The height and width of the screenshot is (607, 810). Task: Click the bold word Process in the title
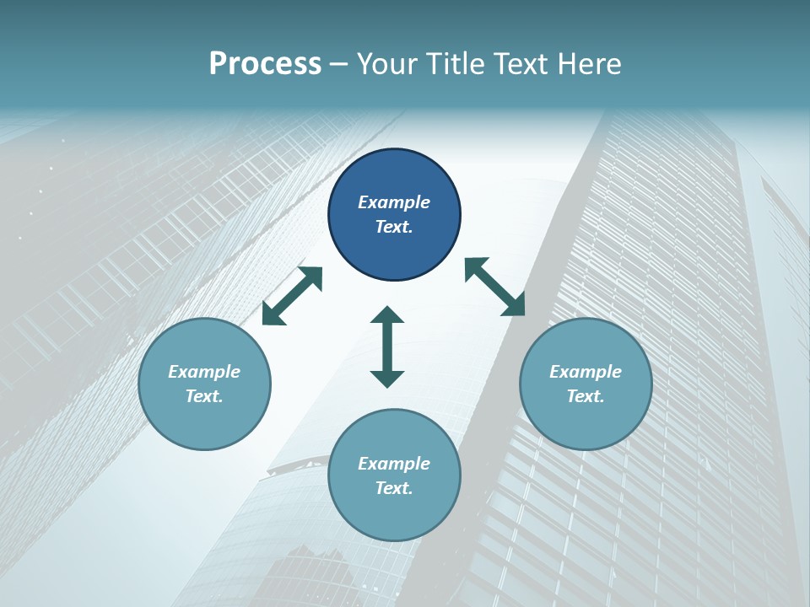tap(265, 64)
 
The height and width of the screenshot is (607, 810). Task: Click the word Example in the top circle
tap(394, 202)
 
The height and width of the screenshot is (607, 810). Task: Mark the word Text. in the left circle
tap(204, 396)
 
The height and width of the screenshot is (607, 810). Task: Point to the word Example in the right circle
tap(586, 372)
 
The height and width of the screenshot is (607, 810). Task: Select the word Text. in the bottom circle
tap(394, 488)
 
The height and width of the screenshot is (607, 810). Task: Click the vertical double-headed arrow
tap(387, 346)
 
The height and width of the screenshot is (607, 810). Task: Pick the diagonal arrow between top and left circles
tap(292, 296)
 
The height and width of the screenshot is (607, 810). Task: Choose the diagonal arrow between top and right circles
tap(494, 287)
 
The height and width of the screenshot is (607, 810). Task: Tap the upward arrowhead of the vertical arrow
tap(387, 316)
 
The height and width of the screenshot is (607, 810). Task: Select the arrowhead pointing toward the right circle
tap(514, 305)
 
